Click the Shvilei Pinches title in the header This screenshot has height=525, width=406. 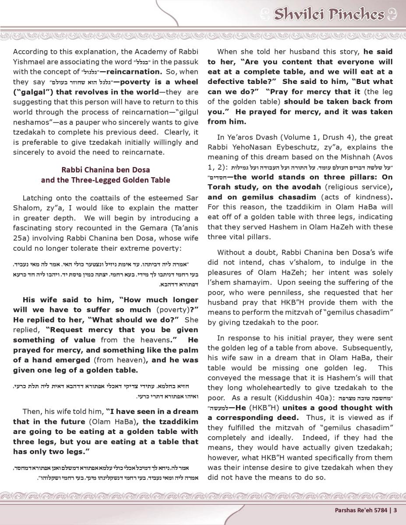(329, 14)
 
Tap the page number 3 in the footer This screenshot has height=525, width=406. (395, 510)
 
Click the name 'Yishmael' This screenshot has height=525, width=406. (29, 62)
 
